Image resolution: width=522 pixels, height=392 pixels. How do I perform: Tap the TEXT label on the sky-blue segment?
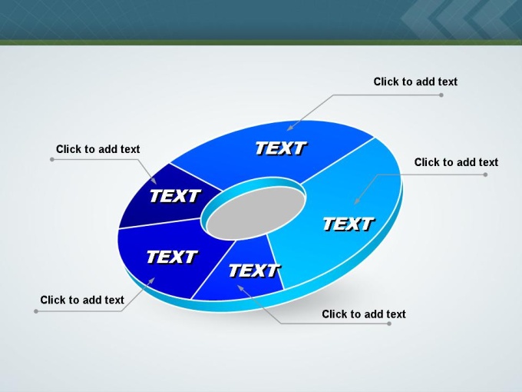click(349, 224)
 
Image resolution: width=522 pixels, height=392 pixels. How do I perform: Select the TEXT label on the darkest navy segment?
click(175, 196)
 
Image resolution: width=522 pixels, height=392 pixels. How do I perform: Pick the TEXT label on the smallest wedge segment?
click(254, 271)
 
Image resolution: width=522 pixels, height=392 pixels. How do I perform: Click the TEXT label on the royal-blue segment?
click(281, 148)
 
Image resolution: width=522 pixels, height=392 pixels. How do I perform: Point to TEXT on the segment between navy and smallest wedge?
click(172, 257)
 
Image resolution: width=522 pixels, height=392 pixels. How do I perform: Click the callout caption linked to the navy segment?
click(98, 149)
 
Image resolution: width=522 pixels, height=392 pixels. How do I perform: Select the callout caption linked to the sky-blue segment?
click(456, 162)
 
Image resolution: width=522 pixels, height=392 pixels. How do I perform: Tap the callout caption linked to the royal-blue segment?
click(415, 81)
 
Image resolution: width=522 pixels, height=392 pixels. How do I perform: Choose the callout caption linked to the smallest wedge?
click(364, 314)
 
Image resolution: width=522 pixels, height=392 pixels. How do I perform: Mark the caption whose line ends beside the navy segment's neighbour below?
click(82, 300)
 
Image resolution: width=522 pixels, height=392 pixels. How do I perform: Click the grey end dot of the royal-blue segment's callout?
click(441, 95)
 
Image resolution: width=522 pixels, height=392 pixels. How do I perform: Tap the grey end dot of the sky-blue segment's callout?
click(485, 174)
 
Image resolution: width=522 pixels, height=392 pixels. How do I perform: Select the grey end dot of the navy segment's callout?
click(52, 159)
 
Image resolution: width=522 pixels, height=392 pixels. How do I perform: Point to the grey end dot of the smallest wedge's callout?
click(389, 324)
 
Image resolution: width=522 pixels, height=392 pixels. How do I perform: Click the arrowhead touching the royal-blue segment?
click(290, 128)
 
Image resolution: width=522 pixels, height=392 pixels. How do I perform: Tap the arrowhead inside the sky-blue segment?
click(357, 201)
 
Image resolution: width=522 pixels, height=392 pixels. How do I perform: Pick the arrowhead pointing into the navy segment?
click(154, 181)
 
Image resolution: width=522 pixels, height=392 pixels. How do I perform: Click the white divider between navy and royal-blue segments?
click(197, 178)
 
